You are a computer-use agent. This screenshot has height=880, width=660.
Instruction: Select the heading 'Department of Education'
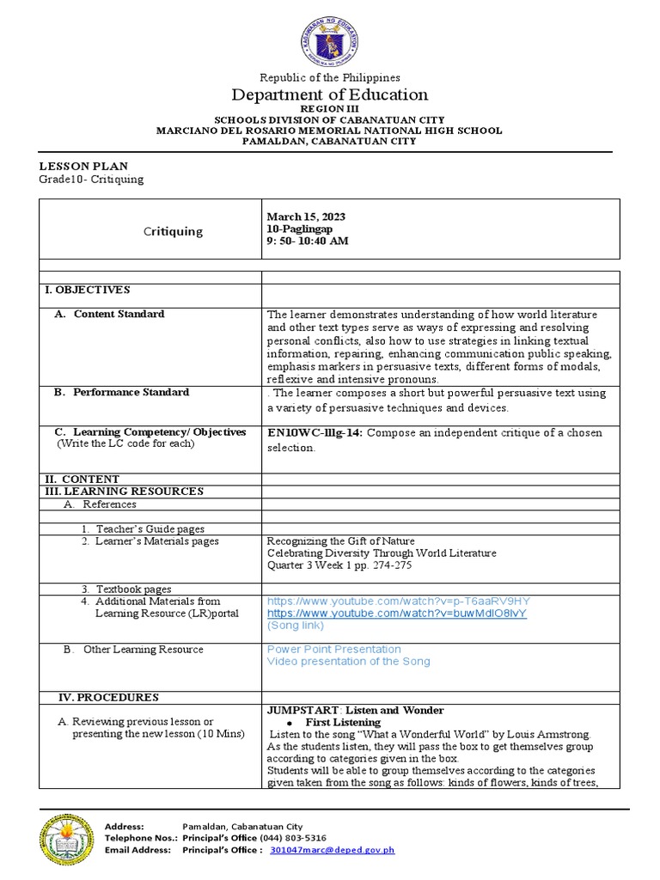pos(330,95)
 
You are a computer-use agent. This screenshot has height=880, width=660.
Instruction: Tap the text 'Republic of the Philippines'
pos(330,77)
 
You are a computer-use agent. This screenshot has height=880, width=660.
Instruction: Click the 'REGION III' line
pos(330,110)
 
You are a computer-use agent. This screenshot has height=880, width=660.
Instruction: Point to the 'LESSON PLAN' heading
pos(84,166)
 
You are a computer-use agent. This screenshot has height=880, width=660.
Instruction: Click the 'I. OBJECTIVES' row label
pos(88,290)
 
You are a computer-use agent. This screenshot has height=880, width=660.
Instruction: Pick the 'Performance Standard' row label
pos(131,392)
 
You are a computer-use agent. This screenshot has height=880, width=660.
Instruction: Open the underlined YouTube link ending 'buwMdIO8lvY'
pos(396,614)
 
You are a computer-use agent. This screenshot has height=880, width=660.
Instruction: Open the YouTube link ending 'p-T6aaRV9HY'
pos(398,600)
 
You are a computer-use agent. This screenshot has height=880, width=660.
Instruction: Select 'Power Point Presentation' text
pos(333,649)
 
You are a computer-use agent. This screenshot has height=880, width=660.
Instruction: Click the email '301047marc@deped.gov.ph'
pos(333,850)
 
